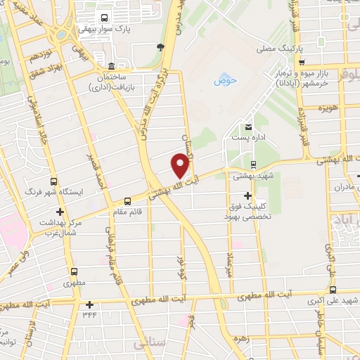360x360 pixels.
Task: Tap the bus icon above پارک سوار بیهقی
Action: (x=105, y=18)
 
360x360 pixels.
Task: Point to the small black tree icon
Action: (x=161, y=47)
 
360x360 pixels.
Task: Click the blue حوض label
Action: (x=226, y=80)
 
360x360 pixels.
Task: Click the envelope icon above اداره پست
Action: (x=247, y=127)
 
